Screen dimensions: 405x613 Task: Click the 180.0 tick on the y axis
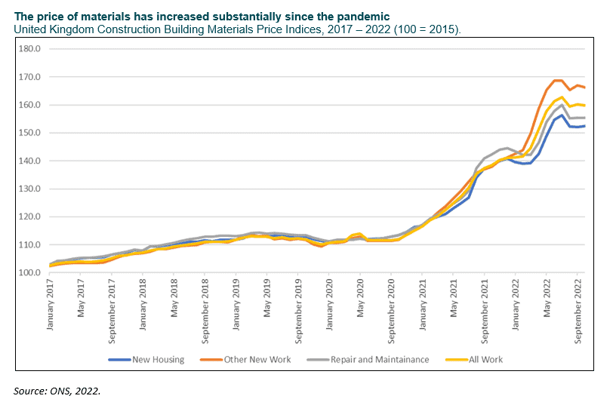(29, 49)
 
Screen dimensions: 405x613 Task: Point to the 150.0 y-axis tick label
(29, 133)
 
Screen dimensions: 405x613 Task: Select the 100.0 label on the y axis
(29, 272)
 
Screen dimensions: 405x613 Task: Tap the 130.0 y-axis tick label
(29, 189)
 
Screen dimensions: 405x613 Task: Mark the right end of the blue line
(584, 126)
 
